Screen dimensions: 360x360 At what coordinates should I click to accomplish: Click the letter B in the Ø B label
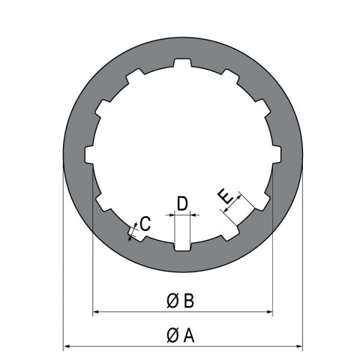point(189,301)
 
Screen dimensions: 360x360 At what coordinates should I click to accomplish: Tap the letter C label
point(145,223)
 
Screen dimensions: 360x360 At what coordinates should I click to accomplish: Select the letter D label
point(182,203)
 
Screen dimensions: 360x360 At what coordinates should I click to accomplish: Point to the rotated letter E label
point(226,196)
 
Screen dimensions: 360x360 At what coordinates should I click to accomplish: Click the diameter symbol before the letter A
point(172,335)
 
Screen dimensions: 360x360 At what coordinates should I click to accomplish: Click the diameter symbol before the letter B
point(172,301)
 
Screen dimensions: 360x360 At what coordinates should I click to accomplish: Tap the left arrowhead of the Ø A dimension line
point(67,346)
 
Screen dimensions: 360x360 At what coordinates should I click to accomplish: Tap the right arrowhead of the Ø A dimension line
point(299,346)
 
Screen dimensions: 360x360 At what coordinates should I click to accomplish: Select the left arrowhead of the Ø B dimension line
point(96,311)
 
